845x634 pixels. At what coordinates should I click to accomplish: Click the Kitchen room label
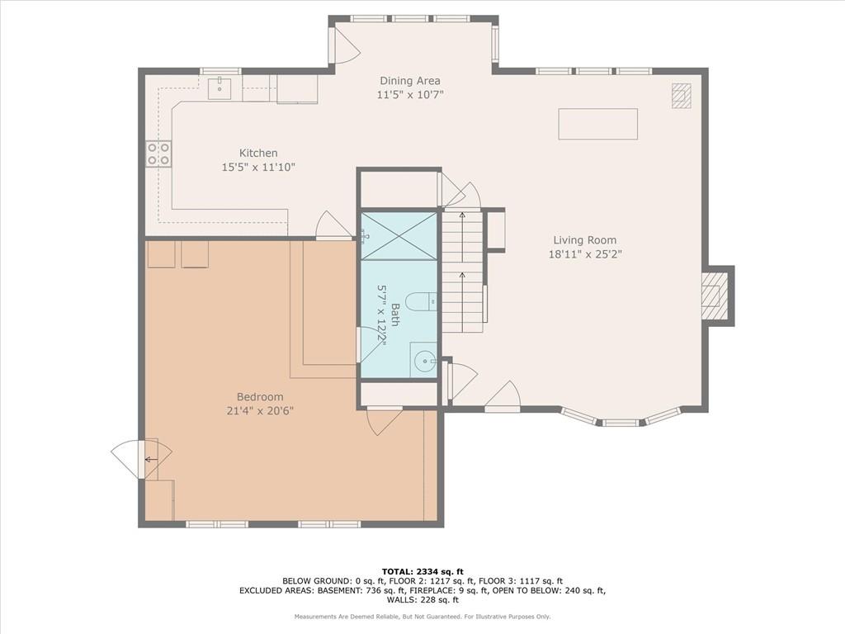pyautogui.click(x=258, y=153)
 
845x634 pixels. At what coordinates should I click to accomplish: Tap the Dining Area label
pyautogui.click(x=410, y=81)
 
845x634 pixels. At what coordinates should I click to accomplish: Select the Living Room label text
pyautogui.click(x=585, y=240)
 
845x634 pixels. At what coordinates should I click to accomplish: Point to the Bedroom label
pyautogui.click(x=260, y=397)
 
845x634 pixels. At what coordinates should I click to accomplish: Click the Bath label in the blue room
pyautogui.click(x=395, y=315)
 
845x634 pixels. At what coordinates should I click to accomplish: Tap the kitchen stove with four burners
pyautogui.click(x=158, y=154)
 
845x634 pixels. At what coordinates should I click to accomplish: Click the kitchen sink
pyautogui.click(x=220, y=88)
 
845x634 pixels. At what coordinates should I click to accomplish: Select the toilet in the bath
pyautogui.click(x=421, y=302)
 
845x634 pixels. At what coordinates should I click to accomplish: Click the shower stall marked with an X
pyautogui.click(x=399, y=236)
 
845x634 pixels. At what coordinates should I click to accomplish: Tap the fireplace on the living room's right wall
pyautogui.click(x=718, y=296)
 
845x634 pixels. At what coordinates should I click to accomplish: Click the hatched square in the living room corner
pyautogui.click(x=681, y=97)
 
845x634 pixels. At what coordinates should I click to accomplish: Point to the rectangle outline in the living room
pyautogui.click(x=597, y=124)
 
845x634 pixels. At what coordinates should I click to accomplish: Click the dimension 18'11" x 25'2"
pyautogui.click(x=585, y=254)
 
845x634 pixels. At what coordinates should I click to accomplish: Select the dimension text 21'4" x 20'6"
pyautogui.click(x=260, y=411)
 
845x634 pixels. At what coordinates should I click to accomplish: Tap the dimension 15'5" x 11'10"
pyautogui.click(x=258, y=168)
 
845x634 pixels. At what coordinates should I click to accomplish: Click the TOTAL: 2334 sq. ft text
pyautogui.click(x=422, y=571)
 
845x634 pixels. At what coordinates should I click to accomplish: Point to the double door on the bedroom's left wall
pyautogui.click(x=141, y=459)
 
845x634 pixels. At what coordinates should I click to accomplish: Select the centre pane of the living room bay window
pyautogui.click(x=620, y=423)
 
